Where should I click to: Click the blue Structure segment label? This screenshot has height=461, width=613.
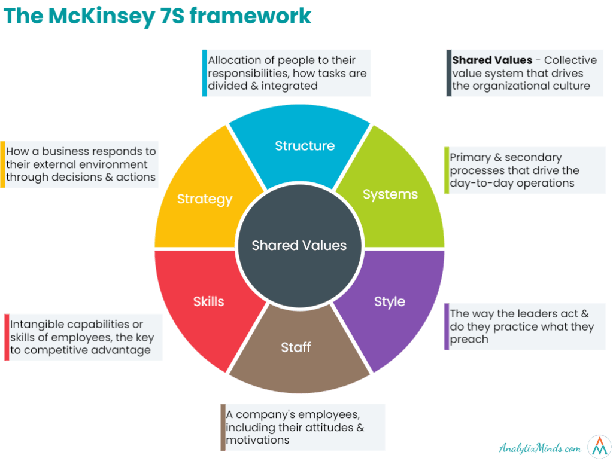pyautogui.click(x=305, y=146)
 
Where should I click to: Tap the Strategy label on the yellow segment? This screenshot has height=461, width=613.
pyautogui.click(x=205, y=199)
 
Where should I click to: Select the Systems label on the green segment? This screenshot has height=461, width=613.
pyautogui.click(x=390, y=194)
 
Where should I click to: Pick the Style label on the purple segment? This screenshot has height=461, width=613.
pyautogui.click(x=390, y=301)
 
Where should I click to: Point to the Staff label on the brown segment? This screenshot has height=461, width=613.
pyautogui.click(x=296, y=347)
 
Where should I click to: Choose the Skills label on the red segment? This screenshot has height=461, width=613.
pyautogui.click(x=208, y=301)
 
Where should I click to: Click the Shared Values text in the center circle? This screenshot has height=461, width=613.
pyautogui.click(x=299, y=245)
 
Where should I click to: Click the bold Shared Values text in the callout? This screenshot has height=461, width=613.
pyautogui.click(x=492, y=60)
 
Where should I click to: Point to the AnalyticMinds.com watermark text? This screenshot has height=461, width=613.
pyautogui.click(x=541, y=448)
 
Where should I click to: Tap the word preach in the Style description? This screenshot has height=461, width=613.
pyautogui.click(x=469, y=340)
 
